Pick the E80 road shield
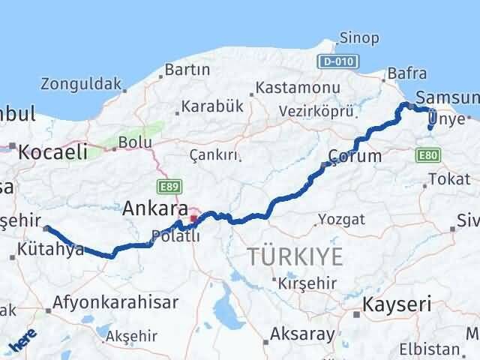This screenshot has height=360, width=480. [x=424, y=155]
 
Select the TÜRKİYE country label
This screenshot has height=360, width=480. [x=295, y=256]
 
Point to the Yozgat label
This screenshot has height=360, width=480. [x=341, y=219]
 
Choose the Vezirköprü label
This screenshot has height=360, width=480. [x=316, y=109]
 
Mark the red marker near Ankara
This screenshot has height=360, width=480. [x=193, y=220]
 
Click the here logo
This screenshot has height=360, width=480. [x=22, y=341]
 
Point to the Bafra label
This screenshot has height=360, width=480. [x=407, y=73]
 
